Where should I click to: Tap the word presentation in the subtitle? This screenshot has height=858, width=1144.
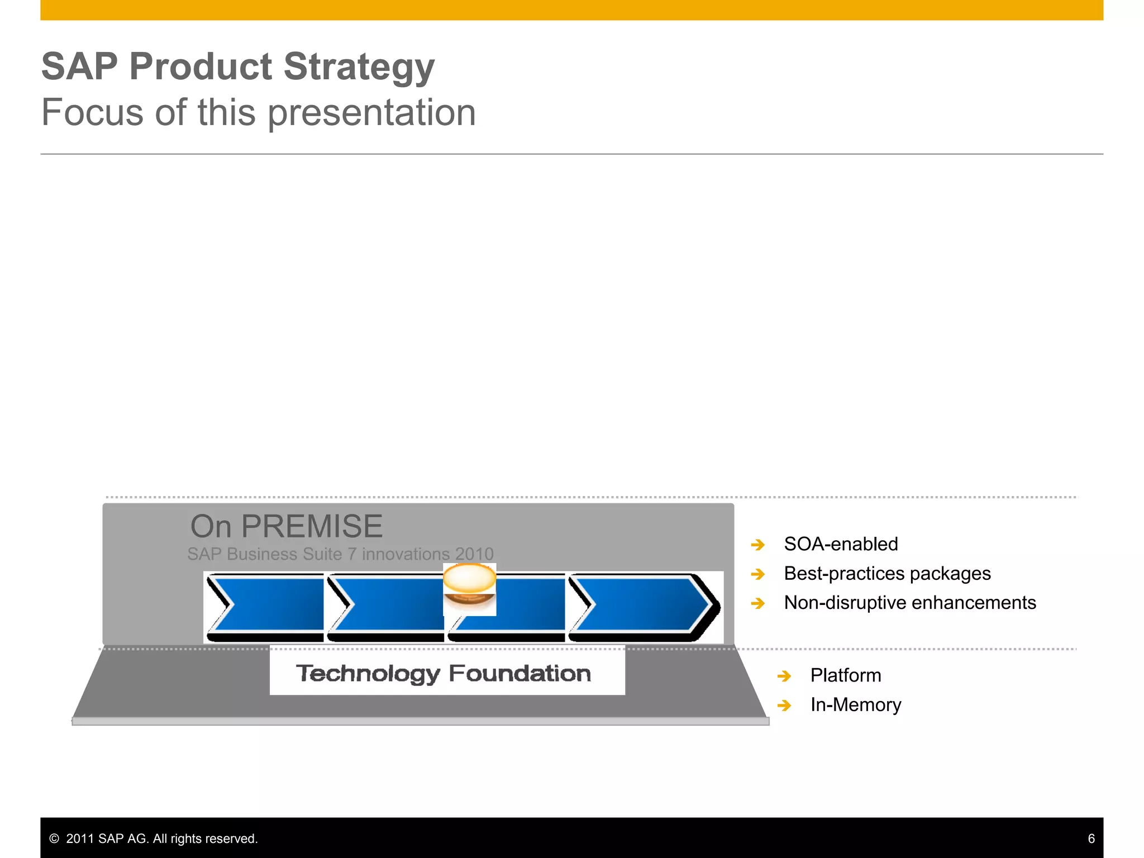coord(371,113)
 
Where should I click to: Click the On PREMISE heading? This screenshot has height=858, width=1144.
coord(287,526)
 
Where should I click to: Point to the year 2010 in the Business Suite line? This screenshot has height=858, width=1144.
coord(474,554)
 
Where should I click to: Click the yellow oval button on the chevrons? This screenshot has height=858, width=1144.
coord(469,579)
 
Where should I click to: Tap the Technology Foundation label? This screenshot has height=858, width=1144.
coord(444,673)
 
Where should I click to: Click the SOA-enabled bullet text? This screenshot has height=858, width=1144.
coord(841,544)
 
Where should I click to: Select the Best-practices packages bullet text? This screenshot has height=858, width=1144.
coord(887,574)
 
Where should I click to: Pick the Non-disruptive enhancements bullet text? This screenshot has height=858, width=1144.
coord(910,603)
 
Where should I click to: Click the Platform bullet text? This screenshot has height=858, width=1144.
coord(846,675)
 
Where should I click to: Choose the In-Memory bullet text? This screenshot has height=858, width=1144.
coord(856,705)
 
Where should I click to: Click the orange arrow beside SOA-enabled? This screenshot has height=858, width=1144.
coord(758,545)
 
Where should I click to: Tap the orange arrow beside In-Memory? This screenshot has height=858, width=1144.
coord(784,706)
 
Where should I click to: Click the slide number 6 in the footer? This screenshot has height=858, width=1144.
coord(1091,838)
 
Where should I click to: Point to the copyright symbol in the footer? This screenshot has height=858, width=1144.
coord(54,838)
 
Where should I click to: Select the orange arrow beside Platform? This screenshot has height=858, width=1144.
coord(784,676)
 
